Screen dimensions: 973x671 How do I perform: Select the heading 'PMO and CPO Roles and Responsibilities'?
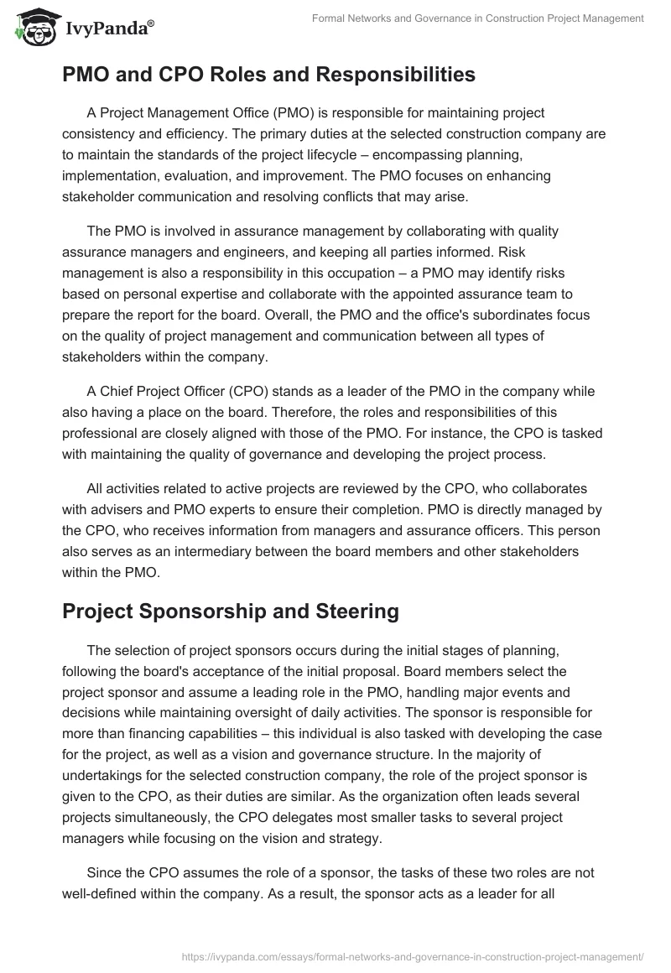[x=268, y=75]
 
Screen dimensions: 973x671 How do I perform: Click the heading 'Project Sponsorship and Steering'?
[x=230, y=611]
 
